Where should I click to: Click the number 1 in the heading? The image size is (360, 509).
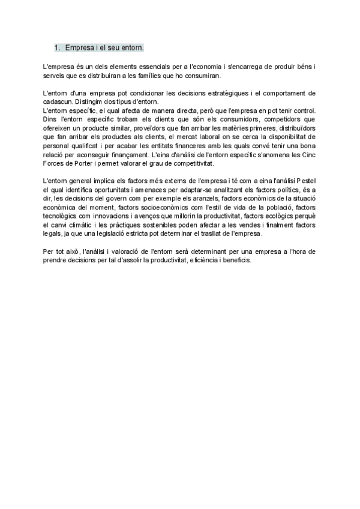tap(56, 47)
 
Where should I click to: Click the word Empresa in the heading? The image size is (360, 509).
tap(80, 47)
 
